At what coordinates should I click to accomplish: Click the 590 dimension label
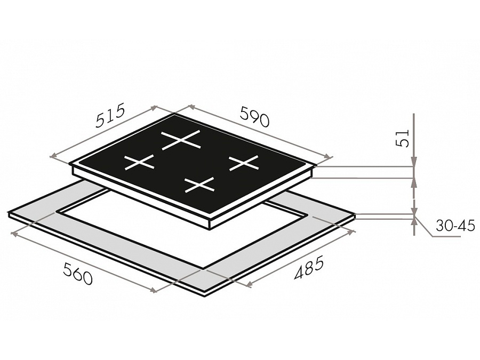click(255, 116)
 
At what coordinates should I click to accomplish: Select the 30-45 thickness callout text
click(455, 226)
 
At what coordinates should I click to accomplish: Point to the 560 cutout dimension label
click(77, 274)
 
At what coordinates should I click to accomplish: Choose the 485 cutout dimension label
click(308, 269)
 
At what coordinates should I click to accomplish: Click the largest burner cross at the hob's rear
click(181, 140)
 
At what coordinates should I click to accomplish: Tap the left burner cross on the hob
click(139, 162)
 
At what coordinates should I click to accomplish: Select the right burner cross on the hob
click(244, 163)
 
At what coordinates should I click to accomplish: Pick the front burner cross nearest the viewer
click(199, 185)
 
